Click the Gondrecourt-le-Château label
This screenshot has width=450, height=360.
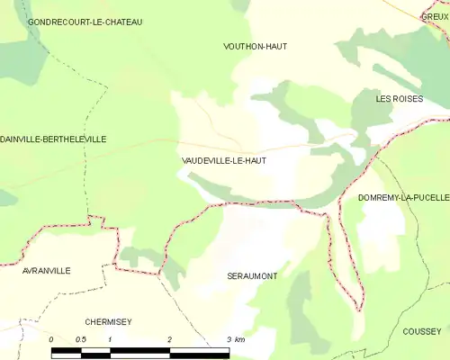point(85,22)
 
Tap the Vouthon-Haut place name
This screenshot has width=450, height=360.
point(255,46)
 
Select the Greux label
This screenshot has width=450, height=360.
point(436,15)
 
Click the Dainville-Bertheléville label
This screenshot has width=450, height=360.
point(53,139)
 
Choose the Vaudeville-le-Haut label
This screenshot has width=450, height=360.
point(223,160)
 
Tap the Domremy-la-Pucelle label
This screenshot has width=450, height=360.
point(403,197)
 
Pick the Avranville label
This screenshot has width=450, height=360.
point(48,270)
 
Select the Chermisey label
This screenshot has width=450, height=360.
point(108,321)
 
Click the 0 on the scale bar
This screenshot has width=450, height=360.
point(51,339)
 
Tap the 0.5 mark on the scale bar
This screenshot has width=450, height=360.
point(80,339)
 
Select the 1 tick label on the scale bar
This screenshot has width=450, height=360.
point(110,339)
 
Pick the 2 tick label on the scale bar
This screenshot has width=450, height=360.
point(169,339)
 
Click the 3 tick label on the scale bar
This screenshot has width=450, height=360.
point(229,339)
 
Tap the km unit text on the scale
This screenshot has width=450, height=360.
point(239,339)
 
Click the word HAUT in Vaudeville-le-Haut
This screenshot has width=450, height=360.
point(253,160)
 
